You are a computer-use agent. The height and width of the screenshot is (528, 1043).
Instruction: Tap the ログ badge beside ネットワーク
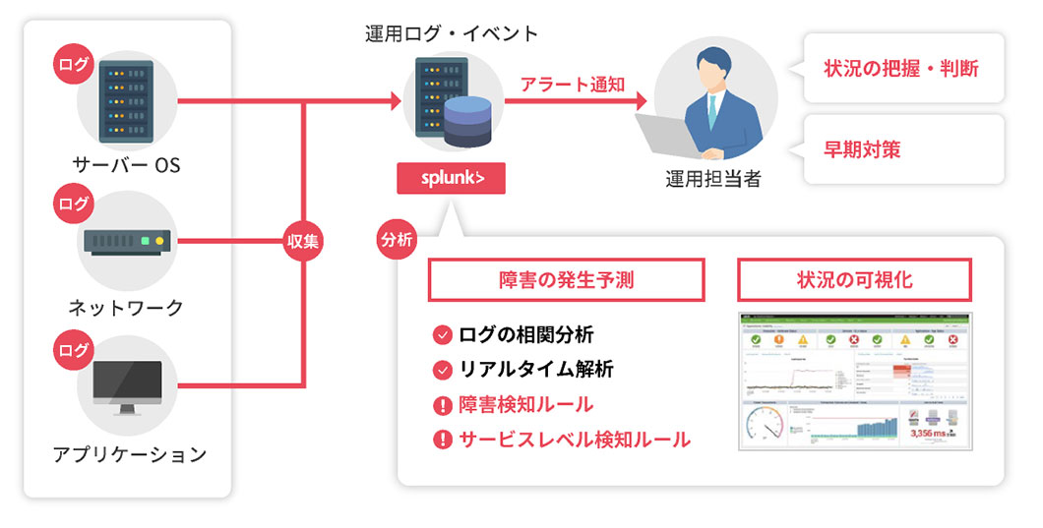click(73, 205)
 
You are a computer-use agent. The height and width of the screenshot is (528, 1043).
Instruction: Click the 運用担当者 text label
click(713, 179)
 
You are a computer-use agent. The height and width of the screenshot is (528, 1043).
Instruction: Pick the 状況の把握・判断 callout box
click(901, 69)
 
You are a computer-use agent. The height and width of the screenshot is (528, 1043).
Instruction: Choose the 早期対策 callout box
click(901, 149)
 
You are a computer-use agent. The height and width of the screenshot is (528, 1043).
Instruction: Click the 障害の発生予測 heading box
click(566, 280)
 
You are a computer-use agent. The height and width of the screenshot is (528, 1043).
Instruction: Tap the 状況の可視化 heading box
click(854, 280)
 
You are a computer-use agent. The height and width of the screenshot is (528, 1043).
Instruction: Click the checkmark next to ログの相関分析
click(442, 334)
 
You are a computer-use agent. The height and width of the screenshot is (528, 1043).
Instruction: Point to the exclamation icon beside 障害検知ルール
click(442, 404)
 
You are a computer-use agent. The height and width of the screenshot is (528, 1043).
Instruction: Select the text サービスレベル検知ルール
click(575, 439)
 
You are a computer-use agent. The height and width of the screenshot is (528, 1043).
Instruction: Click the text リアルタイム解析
click(536, 370)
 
